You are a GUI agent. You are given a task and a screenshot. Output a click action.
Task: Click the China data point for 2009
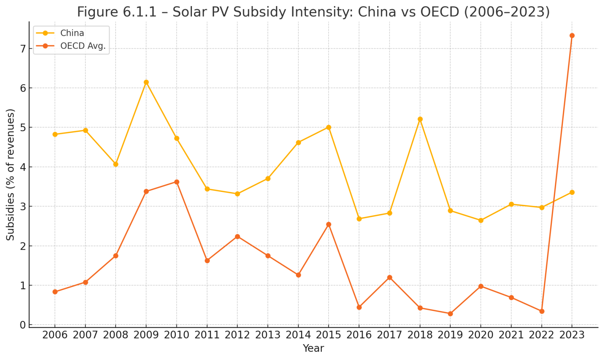pos(146,82)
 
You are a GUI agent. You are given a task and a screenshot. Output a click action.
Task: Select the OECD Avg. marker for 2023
pos(572,36)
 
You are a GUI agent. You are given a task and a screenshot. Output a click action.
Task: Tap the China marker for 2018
pos(420,119)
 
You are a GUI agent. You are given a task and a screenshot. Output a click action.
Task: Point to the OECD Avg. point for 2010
pos(176,182)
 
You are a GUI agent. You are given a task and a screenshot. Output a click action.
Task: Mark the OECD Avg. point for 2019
pos(450,314)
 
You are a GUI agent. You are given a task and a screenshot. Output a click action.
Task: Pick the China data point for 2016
pos(359,219)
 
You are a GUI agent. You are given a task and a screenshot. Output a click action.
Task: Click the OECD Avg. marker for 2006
pos(55,292)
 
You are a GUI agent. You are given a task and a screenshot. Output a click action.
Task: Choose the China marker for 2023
pos(572,192)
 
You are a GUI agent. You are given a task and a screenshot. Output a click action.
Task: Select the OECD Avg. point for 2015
pos(329,224)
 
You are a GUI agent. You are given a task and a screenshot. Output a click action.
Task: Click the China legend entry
pos(72,33)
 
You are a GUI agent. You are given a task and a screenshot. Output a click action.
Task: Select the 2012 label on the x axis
pos(237,335)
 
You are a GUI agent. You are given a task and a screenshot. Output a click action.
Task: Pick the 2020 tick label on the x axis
pos(481,335)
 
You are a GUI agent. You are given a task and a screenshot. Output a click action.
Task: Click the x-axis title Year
pos(313,348)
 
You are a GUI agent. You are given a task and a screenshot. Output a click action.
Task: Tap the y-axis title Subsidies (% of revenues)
pos(11,175)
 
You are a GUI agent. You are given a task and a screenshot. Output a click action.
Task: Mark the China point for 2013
pos(268,178)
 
